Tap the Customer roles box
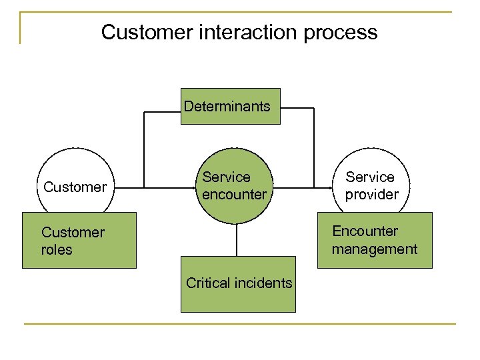(79, 241)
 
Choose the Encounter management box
(374, 240)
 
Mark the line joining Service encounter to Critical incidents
(237, 240)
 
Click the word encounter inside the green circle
(234, 195)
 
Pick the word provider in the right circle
(371, 195)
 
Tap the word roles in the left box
(57, 250)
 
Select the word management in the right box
(374, 249)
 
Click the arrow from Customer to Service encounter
(153, 188)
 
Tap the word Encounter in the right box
(365, 231)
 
